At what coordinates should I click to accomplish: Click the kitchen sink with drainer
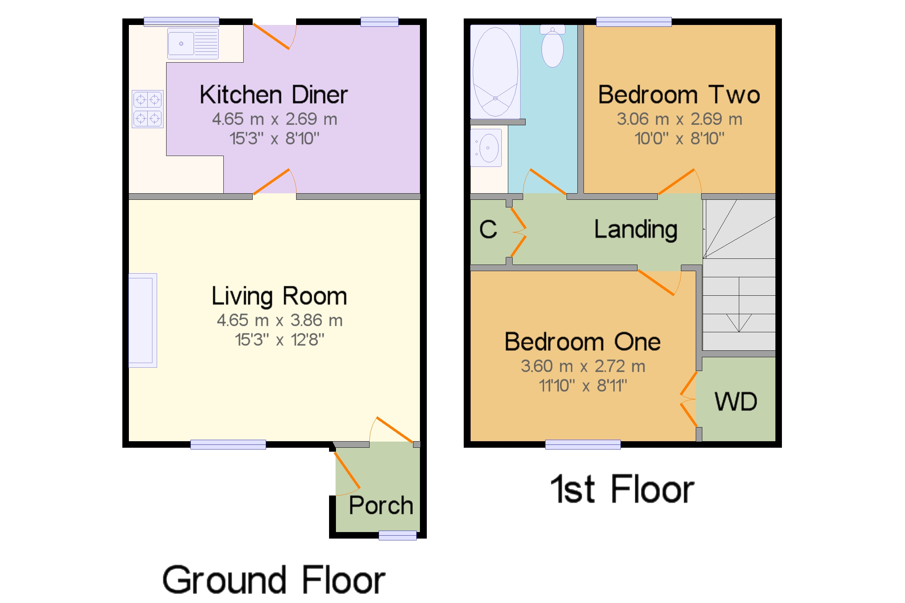[x=193, y=43]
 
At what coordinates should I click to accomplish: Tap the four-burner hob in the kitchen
[x=148, y=109]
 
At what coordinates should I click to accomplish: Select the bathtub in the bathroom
[x=495, y=72]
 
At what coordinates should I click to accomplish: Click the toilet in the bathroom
[x=552, y=46]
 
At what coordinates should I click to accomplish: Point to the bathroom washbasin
[x=486, y=148]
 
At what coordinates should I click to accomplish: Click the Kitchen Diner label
[x=273, y=94]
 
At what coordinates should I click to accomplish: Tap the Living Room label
[x=279, y=296]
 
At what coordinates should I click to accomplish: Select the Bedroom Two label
[x=679, y=94]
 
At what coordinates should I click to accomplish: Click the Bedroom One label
[x=582, y=342]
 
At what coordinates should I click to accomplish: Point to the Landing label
[x=636, y=229]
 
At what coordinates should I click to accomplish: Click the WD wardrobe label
[x=736, y=402]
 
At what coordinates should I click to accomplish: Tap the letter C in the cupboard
[x=488, y=229]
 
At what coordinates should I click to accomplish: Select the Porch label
[x=381, y=505]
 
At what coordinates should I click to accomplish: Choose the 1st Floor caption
[x=622, y=489]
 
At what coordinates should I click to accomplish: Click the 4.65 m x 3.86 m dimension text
[x=279, y=320]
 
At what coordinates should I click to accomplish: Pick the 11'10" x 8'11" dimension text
[x=583, y=386]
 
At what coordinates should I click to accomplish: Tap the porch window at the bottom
[x=397, y=536]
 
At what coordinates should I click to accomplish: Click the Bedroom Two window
[x=634, y=22]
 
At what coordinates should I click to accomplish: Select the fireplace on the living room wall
[x=143, y=321]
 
